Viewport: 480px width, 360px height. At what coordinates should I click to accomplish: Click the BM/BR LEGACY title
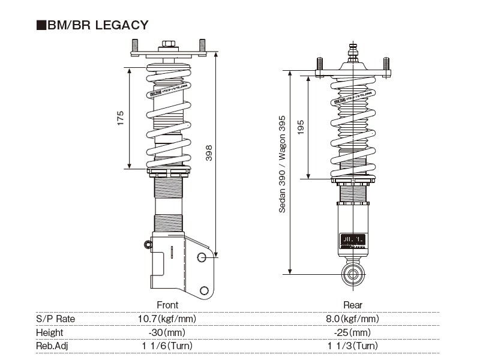(92, 25)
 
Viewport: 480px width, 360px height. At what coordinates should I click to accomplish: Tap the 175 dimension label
(120, 118)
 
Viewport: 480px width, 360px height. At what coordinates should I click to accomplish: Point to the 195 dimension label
(301, 127)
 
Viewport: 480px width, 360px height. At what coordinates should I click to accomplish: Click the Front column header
(167, 305)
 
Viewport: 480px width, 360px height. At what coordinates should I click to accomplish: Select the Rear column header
(353, 305)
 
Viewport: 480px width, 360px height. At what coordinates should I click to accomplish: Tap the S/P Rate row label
(56, 319)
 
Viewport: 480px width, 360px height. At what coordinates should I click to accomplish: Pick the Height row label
(49, 332)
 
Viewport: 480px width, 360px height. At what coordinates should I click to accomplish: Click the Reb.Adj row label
(52, 346)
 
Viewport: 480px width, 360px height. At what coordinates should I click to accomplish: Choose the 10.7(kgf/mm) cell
(167, 319)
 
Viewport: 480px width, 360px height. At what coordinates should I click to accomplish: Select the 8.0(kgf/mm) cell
(353, 319)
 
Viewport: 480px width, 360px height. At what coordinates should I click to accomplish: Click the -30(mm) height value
(167, 332)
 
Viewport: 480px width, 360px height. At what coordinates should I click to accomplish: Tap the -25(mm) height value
(353, 332)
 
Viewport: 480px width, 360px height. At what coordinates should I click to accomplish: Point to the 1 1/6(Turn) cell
(167, 346)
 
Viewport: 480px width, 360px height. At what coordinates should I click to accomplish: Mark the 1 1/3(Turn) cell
(353, 346)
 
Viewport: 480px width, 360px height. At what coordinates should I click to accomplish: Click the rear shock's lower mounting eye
(353, 275)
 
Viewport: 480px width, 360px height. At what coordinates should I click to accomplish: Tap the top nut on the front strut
(168, 44)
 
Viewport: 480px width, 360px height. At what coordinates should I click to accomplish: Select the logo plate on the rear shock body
(352, 237)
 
